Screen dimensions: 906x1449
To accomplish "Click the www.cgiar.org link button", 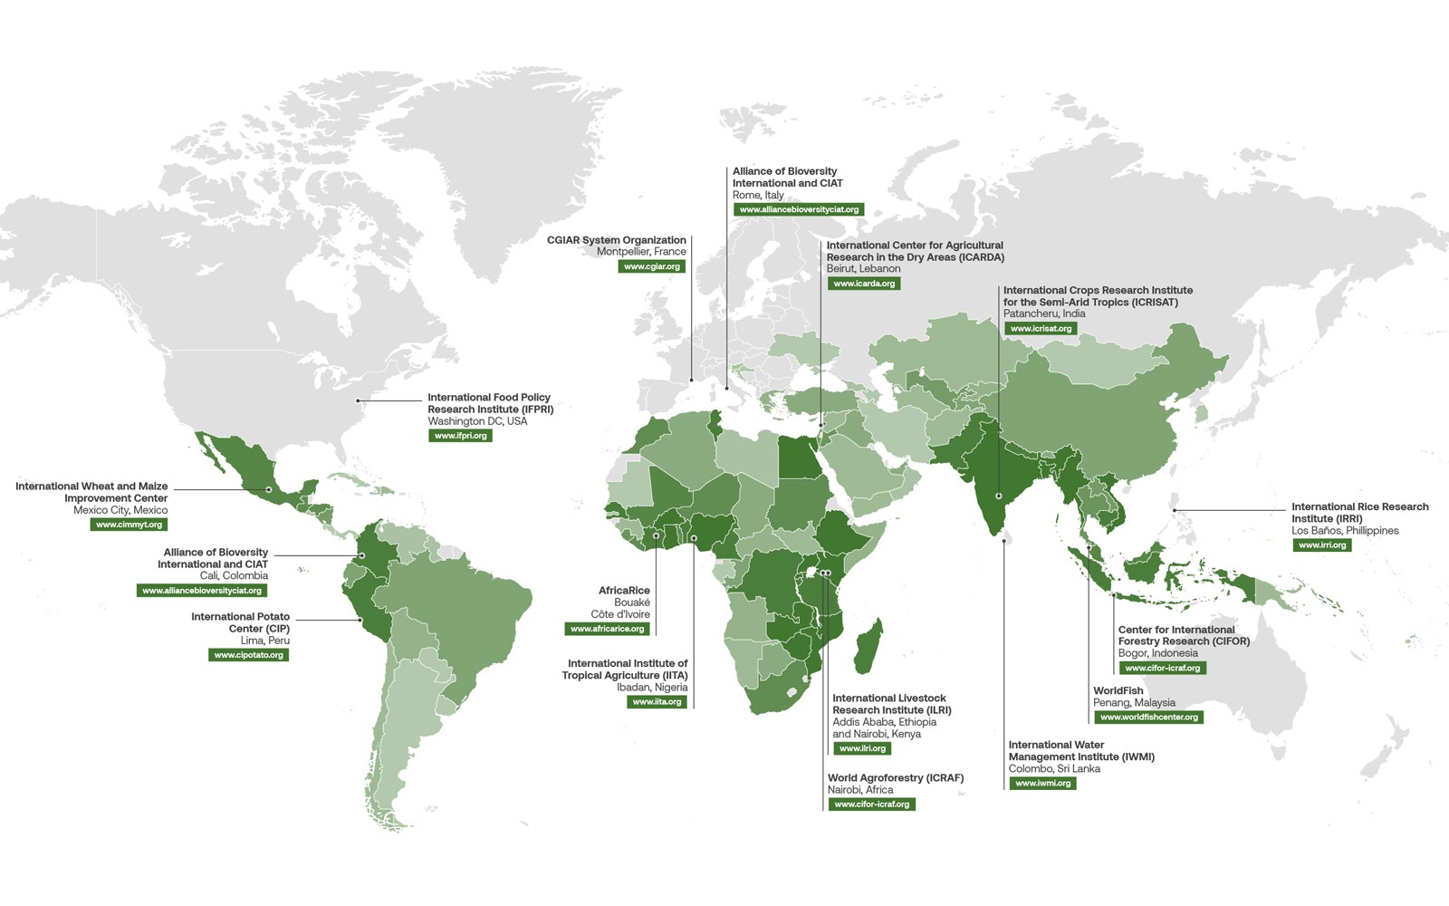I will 652,266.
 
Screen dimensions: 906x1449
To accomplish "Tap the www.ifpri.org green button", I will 460,436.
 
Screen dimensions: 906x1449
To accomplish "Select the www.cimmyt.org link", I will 129,525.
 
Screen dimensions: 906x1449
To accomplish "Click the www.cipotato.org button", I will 248,655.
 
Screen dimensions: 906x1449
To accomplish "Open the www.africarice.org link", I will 608,629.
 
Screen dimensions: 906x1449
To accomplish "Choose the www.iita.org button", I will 657,702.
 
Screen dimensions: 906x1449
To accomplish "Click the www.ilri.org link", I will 862,748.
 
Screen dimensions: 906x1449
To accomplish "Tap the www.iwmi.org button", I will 1042,783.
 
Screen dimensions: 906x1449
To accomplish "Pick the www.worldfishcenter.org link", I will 1148,717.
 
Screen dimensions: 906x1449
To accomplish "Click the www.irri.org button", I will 1321,545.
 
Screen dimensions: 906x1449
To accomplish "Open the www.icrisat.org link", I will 1041,329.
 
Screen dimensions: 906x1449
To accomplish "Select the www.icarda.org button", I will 864,284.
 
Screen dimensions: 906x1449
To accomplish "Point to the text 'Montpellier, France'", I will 641,252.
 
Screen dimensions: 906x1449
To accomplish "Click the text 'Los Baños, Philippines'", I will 1345,531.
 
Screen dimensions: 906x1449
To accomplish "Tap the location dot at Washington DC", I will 358,400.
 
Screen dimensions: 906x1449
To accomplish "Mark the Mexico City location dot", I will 268,489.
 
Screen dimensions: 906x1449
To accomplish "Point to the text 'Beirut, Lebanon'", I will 863,269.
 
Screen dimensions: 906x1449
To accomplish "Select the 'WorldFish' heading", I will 1118,690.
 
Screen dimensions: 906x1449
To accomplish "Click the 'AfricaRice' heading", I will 624,591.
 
